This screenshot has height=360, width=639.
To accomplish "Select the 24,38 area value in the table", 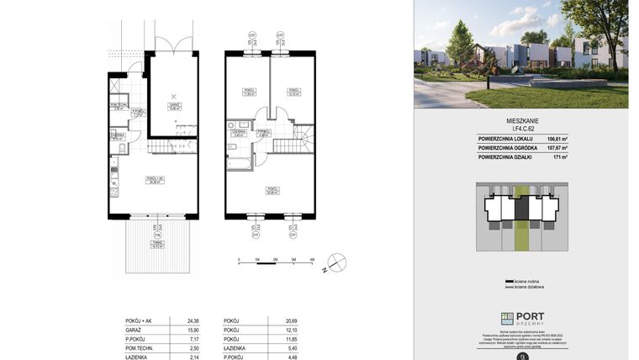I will pyautogui.click(x=178, y=321).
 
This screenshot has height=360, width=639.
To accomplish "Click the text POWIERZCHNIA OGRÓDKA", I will pyautogui.click(x=510, y=147).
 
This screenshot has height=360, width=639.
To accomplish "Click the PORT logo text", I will pyautogui.click(x=530, y=317).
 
